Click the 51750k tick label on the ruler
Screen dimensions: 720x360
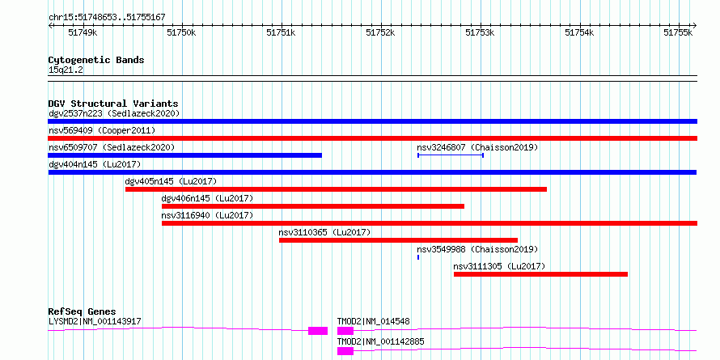point(182,32)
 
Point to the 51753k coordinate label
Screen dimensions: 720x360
point(480,32)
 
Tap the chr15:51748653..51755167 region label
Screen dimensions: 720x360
point(107,18)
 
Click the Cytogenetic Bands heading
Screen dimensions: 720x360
point(96,60)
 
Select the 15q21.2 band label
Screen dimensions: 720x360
point(66,70)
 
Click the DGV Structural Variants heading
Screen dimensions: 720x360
point(113,104)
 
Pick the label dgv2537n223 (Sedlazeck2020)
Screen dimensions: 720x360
point(114,113)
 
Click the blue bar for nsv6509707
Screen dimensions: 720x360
point(185,155)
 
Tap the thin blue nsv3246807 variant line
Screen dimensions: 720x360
point(451,155)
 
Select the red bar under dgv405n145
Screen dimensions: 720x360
point(336,189)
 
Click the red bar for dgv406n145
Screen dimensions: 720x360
point(313,206)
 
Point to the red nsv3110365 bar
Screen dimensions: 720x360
point(398,240)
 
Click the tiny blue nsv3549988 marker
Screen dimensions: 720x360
point(418,257)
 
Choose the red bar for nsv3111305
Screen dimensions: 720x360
point(540,274)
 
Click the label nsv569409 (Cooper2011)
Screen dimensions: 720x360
point(102,130)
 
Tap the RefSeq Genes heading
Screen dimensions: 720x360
point(83,311)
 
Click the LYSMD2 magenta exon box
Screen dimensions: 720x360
point(318,331)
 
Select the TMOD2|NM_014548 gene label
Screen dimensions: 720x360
point(373,321)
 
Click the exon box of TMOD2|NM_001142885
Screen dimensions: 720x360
point(345,351)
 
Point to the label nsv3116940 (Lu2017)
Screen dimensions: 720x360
point(207,215)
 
